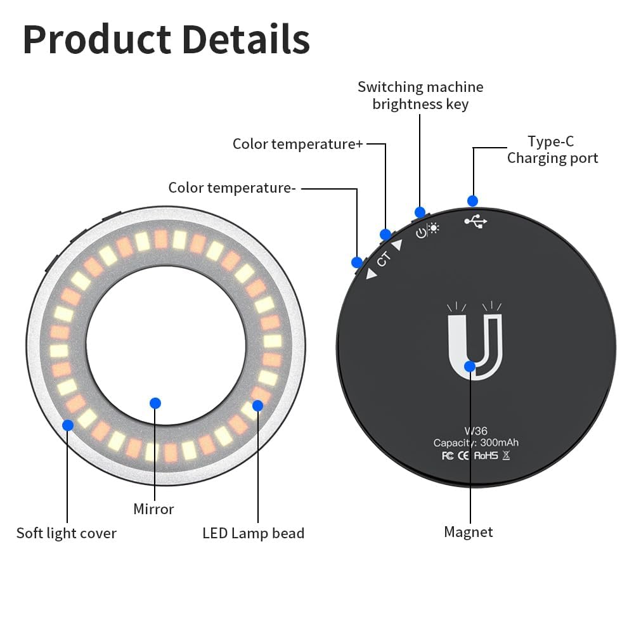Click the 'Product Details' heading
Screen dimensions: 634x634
coord(166,39)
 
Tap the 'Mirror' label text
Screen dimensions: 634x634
coord(153,508)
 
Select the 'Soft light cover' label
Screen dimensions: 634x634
coord(67,533)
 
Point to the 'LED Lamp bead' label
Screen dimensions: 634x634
coord(254,533)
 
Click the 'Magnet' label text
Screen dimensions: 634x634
coord(469,532)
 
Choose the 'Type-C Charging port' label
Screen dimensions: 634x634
coord(552,150)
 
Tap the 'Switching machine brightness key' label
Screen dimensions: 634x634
coord(420,95)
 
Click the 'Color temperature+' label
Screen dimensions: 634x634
coord(298,144)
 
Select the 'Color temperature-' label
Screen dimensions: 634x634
coord(232,188)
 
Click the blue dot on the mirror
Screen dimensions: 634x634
coord(155,403)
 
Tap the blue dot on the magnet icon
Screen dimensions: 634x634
coord(470,366)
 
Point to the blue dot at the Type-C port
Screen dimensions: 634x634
coord(472,201)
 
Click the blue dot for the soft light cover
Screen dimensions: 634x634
coord(68,425)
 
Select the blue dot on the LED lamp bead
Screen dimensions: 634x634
coord(257,404)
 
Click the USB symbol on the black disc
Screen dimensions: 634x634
coord(476,222)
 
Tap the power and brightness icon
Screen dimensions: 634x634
coord(428,231)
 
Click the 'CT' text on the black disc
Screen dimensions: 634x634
coord(384,259)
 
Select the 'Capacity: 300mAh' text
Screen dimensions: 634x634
coord(475,443)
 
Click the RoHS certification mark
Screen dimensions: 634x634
coord(486,456)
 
